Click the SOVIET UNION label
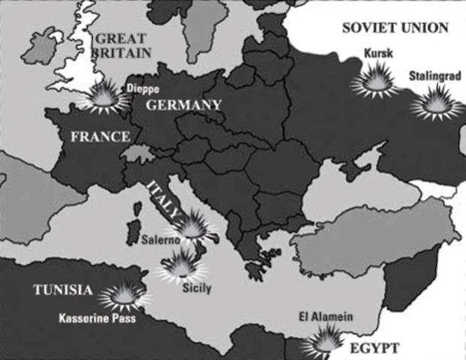pyautogui.click(x=395, y=28)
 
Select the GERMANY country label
pyautogui.click(x=183, y=104)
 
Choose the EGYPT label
pyautogui.click(x=373, y=348)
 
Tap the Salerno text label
pyautogui.click(x=159, y=241)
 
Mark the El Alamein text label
pyautogui.click(x=325, y=316)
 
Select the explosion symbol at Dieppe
pyautogui.click(x=104, y=97)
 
